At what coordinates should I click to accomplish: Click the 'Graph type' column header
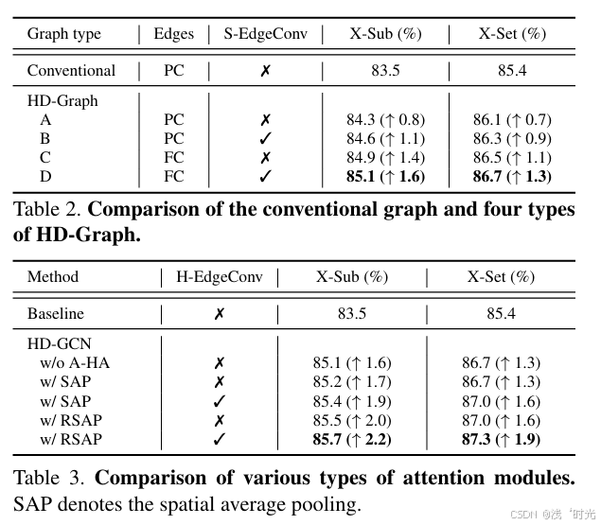tap(63, 34)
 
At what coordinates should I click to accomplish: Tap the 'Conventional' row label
tap(71, 71)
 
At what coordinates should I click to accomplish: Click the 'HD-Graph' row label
tap(62, 101)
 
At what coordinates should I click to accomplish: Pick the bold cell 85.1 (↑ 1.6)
tap(385, 176)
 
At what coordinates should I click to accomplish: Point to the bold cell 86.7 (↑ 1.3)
tap(512, 176)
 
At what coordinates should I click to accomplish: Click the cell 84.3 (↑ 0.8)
tap(385, 120)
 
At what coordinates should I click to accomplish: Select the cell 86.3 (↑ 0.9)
tap(512, 139)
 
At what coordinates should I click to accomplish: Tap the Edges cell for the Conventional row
tap(174, 71)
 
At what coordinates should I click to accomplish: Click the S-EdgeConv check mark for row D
tap(265, 176)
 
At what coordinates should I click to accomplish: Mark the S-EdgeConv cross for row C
tap(265, 157)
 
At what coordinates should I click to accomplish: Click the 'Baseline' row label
tap(55, 313)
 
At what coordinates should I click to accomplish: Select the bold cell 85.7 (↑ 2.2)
tap(352, 439)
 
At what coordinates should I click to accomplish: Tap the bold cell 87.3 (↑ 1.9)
tap(501, 439)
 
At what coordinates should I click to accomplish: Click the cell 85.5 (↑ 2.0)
tap(352, 420)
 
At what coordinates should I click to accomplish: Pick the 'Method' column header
tap(53, 277)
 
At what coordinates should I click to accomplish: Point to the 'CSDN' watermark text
tap(523, 515)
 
